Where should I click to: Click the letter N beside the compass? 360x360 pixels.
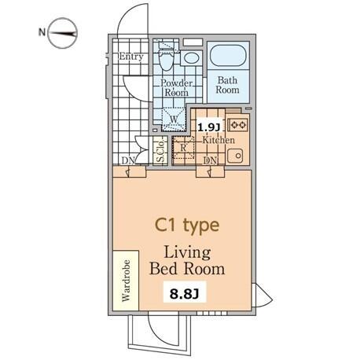(x=42, y=32)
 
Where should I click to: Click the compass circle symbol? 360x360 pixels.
(x=62, y=33)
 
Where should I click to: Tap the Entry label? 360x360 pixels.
(x=131, y=57)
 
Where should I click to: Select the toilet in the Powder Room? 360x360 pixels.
(x=166, y=59)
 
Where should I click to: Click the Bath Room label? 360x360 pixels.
(x=227, y=85)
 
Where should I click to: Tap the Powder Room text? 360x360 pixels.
(x=177, y=88)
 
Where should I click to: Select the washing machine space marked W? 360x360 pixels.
(x=174, y=119)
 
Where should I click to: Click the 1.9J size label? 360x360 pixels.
(x=208, y=127)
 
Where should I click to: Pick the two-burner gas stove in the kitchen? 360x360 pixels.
(x=238, y=125)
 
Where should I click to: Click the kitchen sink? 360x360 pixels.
(x=235, y=156)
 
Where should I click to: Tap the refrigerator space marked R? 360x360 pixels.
(x=183, y=148)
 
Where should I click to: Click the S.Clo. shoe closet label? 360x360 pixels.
(x=160, y=151)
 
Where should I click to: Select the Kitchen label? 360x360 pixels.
(x=219, y=140)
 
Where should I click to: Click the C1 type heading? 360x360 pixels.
(x=187, y=226)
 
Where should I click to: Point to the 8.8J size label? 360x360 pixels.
(x=185, y=294)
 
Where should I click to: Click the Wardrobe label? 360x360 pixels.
(x=126, y=281)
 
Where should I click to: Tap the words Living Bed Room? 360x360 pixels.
(x=187, y=261)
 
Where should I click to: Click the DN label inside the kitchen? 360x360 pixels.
(x=211, y=160)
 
